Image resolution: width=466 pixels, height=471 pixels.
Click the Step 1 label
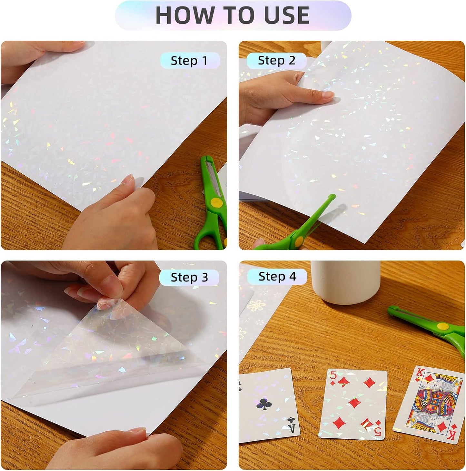tap(189, 61)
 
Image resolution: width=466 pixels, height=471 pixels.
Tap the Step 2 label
tap(276, 61)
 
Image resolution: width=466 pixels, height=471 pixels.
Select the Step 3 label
tap(189, 277)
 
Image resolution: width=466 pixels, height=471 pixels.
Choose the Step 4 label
tap(277, 277)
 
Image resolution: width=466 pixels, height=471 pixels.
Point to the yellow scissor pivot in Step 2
tap(299, 240)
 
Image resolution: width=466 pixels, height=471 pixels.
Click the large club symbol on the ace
tap(264, 404)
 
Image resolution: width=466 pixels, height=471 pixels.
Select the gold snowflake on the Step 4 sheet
tap(256, 305)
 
